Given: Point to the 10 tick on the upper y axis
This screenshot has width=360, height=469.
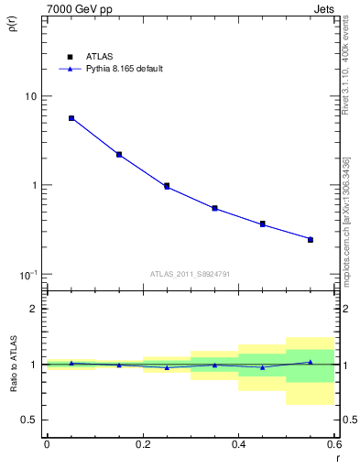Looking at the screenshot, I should click(x=29, y=96).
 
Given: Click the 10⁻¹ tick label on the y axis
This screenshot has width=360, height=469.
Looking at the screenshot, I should click(x=27, y=275).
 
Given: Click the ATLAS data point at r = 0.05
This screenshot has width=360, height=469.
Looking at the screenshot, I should click(x=71, y=118).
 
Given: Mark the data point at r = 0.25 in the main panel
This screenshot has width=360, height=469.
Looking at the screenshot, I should click(x=167, y=186).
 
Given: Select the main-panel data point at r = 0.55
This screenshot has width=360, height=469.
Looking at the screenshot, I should click(x=311, y=239).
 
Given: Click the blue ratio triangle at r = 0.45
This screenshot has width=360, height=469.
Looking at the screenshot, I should click(x=262, y=367).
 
